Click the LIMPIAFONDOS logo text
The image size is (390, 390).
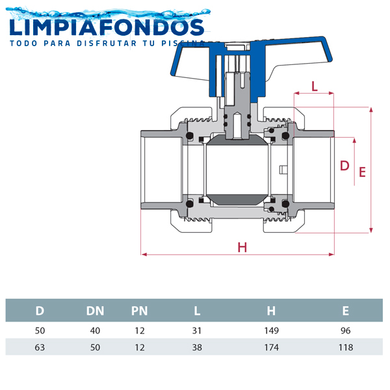(107, 27)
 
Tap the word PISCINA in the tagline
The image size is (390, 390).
(183, 44)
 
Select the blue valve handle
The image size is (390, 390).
(251, 67)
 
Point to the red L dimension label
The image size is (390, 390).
(315, 86)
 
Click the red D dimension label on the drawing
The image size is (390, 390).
(344, 166)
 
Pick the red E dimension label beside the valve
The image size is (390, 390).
(362, 172)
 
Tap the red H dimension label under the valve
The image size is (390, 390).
(242, 248)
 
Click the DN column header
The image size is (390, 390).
(95, 311)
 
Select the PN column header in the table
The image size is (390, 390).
(140, 311)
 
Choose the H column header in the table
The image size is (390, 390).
(271, 311)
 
